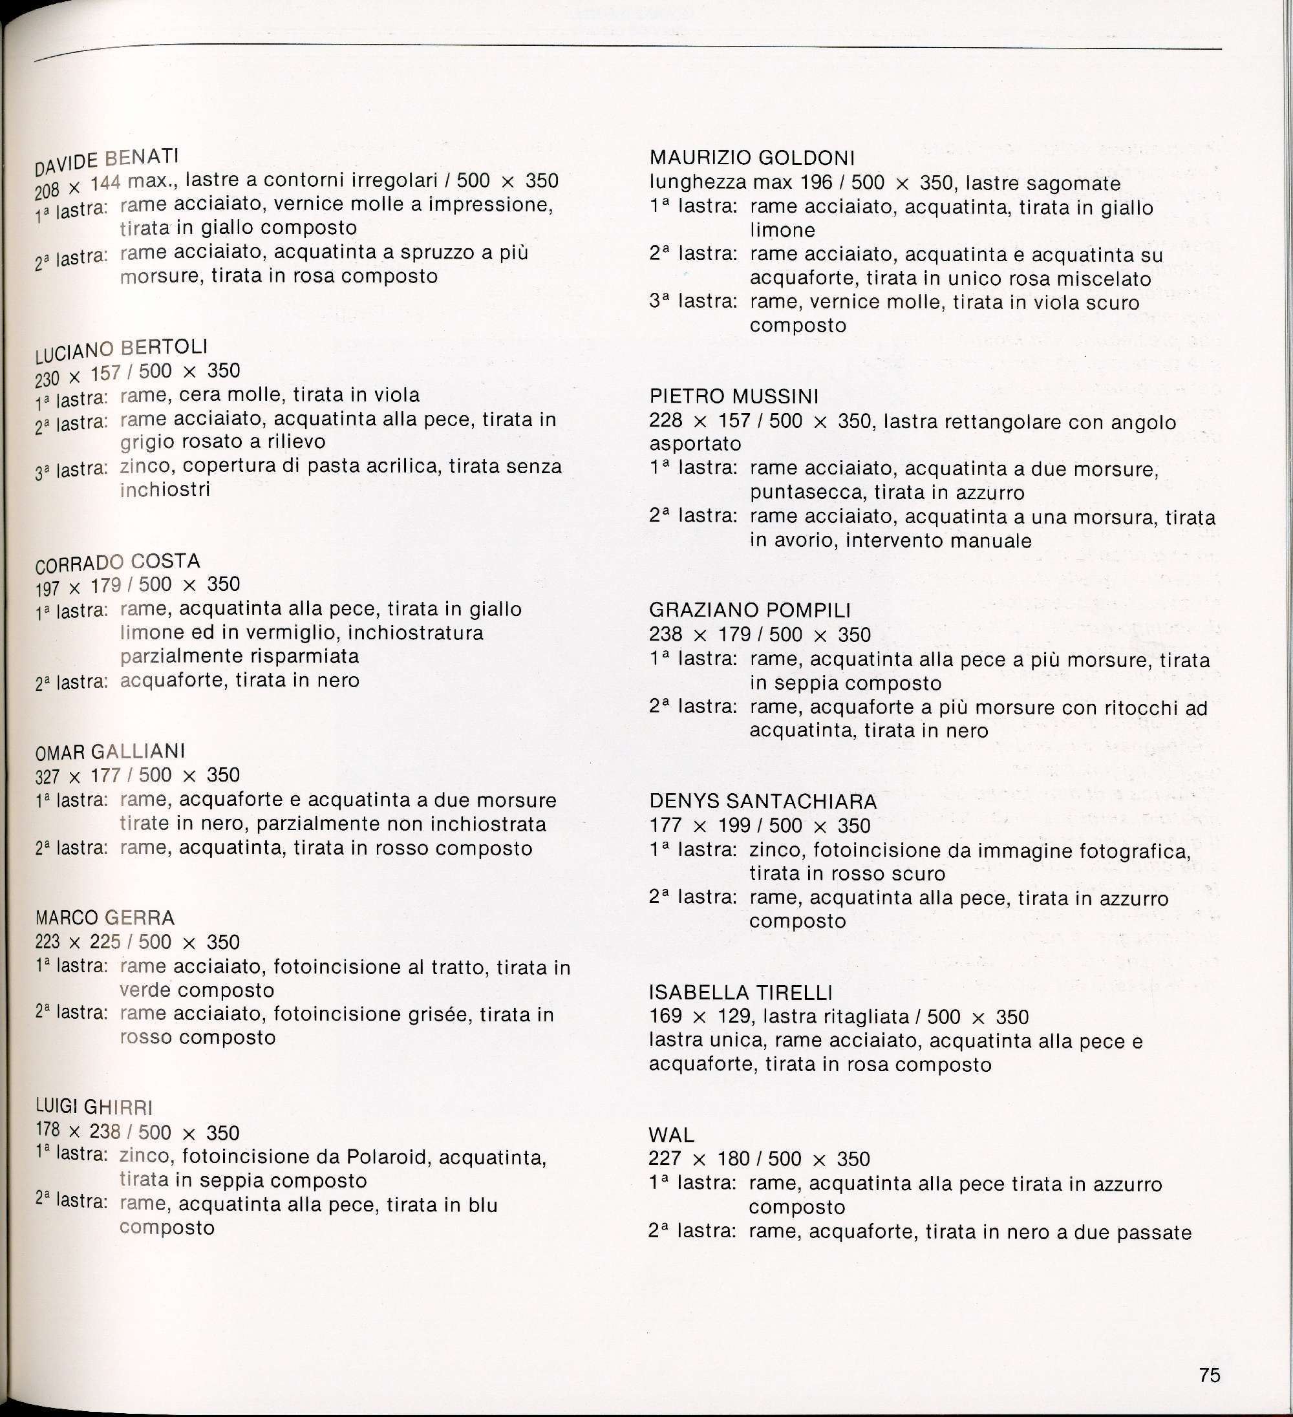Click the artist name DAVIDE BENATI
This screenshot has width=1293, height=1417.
tap(107, 160)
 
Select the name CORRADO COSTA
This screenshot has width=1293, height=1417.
tap(118, 562)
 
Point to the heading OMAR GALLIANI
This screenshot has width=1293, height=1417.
tap(110, 751)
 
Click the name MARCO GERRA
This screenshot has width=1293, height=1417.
tap(105, 918)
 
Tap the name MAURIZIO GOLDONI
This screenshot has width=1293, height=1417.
tap(752, 158)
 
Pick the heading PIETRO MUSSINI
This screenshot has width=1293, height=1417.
tap(733, 397)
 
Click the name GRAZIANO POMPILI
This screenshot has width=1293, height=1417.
tap(749, 610)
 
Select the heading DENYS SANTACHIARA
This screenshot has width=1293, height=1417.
tap(763, 802)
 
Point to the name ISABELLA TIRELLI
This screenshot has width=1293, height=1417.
tap(740, 992)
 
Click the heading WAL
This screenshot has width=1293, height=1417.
tap(672, 1135)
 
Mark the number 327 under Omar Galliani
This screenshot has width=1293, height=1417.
tap(47, 776)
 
